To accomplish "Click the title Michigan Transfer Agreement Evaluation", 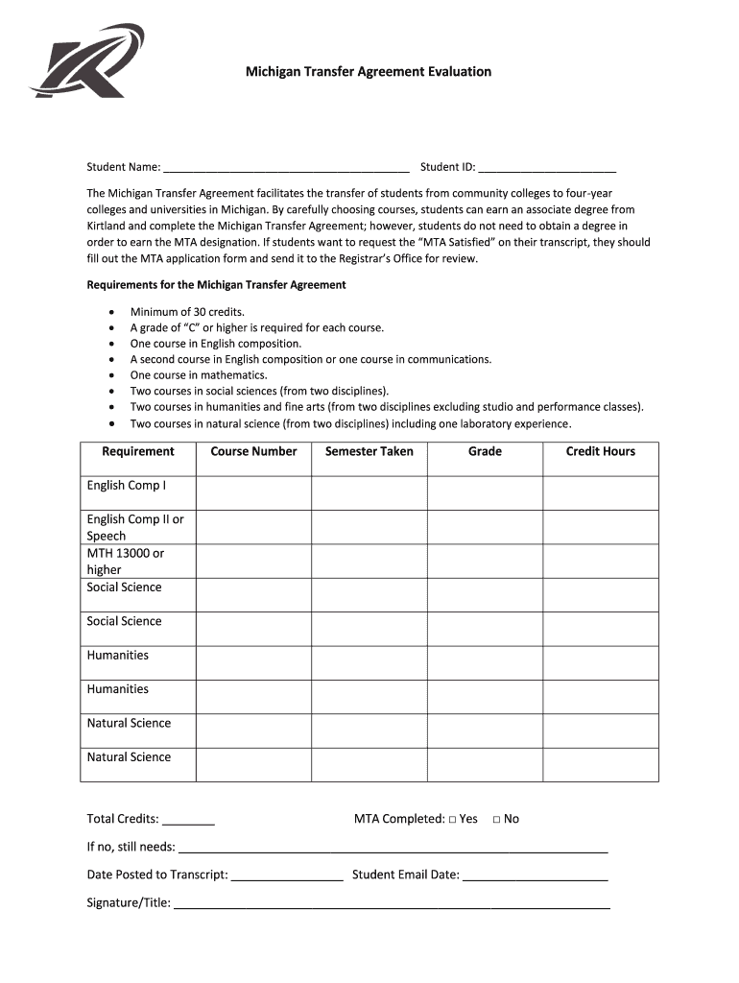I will pyautogui.click(x=369, y=72).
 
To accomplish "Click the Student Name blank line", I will pyautogui.click(x=286, y=167).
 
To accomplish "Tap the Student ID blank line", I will pyautogui.click(x=546, y=167).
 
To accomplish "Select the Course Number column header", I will pyautogui.click(x=253, y=451).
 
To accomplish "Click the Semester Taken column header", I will pyautogui.click(x=369, y=451).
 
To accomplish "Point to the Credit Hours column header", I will pyautogui.click(x=600, y=451).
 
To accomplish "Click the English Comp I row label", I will pyautogui.click(x=126, y=486).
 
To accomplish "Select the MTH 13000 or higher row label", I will pyautogui.click(x=125, y=562).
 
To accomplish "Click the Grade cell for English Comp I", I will pyautogui.click(x=485, y=492).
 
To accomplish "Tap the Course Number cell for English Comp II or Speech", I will pyautogui.click(x=253, y=527).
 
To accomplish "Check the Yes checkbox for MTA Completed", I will pyautogui.click(x=452, y=820).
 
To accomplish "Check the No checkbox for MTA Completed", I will pyautogui.click(x=496, y=820).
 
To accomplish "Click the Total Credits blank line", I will pyautogui.click(x=189, y=821).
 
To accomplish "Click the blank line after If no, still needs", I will pyautogui.click(x=393, y=848).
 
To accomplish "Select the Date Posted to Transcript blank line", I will pyautogui.click(x=287, y=875).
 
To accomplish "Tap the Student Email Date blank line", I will pyautogui.click(x=535, y=875).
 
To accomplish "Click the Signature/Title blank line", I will pyautogui.click(x=392, y=903).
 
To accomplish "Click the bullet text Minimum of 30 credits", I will pyautogui.click(x=187, y=312).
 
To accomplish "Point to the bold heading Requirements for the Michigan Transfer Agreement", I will pyautogui.click(x=217, y=285).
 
